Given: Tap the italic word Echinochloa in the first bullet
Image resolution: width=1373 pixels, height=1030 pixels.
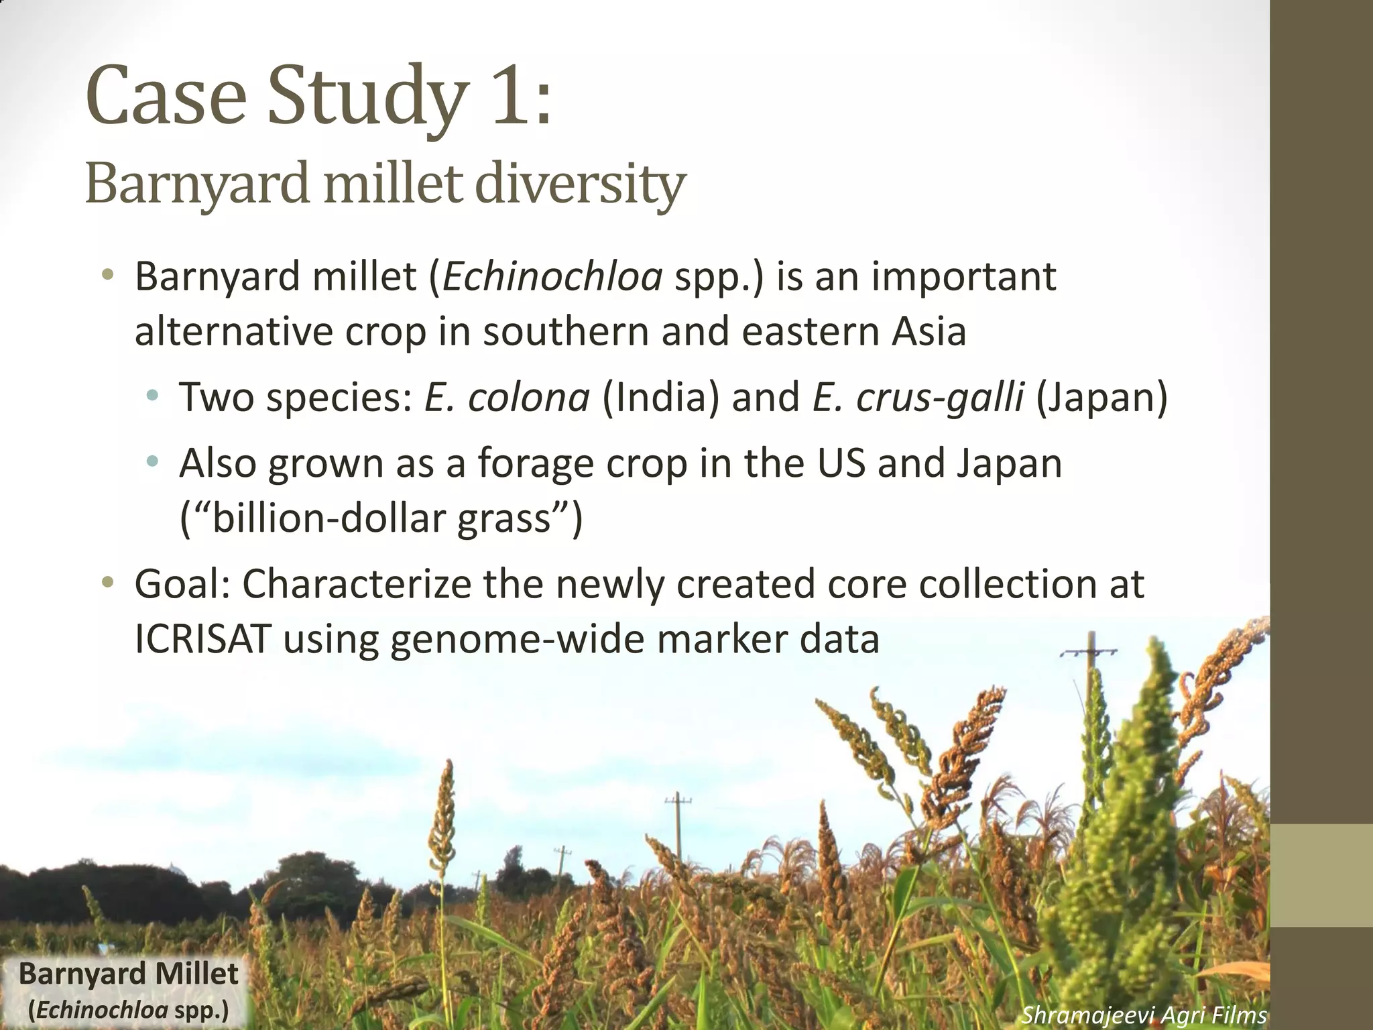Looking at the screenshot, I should click(x=552, y=277).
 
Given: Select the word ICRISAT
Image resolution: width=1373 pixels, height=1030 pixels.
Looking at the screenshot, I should click(x=202, y=639).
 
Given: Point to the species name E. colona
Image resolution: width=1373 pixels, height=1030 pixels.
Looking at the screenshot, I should click(x=507, y=397).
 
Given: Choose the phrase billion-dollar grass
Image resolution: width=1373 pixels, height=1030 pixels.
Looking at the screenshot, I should click(x=381, y=518).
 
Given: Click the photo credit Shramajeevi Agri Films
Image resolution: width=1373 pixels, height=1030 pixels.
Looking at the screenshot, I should click(x=1144, y=1015).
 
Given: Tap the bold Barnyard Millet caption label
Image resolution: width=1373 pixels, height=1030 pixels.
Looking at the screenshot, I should click(x=128, y=974).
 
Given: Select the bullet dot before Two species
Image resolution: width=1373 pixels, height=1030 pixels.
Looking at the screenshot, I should click(x=153, y=396).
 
